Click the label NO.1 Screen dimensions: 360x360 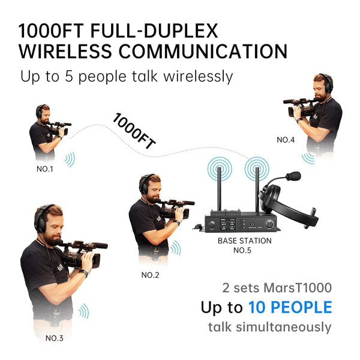point(45,169)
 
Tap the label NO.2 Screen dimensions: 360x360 point(150,275)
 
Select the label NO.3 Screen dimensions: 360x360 point(55,338)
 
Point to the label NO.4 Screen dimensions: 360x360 point(286,140)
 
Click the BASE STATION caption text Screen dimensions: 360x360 point(245,241)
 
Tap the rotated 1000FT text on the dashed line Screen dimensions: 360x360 point(134,131)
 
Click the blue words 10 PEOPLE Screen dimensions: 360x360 point(290,307)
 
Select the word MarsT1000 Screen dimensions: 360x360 point(298,287)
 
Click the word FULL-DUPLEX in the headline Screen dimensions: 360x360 point(154,31)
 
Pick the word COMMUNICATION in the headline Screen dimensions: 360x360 point(203,51)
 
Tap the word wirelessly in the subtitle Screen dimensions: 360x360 point(198,77)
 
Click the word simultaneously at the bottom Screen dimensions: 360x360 point(284,327)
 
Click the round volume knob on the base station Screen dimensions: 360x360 point(269,223)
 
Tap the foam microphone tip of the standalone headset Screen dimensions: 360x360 point(293,176)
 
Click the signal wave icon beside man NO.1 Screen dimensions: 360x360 point(70,160)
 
